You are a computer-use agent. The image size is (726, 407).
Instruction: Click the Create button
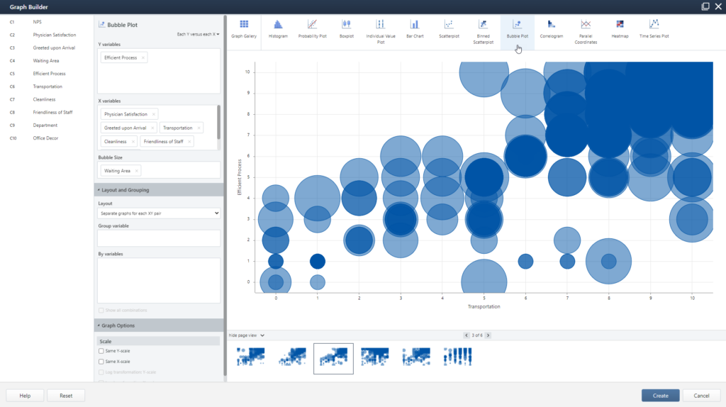(x=660, y=396)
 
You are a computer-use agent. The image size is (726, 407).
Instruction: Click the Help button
(x=25, y=396)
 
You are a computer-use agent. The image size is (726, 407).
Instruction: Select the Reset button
(x=66, y=396)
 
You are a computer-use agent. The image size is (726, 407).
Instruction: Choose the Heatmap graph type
(x=620, y=29)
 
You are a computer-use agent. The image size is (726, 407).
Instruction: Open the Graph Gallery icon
(x=244, y=29)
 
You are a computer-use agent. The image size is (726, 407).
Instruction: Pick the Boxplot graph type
(x=346, y=29)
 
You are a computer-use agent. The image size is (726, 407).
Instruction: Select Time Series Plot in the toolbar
(x=654, y=29)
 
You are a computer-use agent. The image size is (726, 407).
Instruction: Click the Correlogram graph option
(x=551, y=29)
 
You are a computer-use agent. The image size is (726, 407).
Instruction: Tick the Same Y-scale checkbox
(x=101, y=351)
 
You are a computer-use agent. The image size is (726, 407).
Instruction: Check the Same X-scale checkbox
(x=101, y=362)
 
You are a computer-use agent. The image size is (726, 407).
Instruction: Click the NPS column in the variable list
(x=37, y=22)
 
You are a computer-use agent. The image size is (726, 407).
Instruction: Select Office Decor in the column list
(x=45, y=138)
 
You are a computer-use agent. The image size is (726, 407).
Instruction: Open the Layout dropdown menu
(x=158, y=213)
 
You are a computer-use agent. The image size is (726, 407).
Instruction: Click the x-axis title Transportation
(x=484, y=306)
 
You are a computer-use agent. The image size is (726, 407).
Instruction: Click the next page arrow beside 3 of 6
(x=488, y=335)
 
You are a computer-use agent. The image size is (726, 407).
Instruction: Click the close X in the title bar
(x=717, y=6)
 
